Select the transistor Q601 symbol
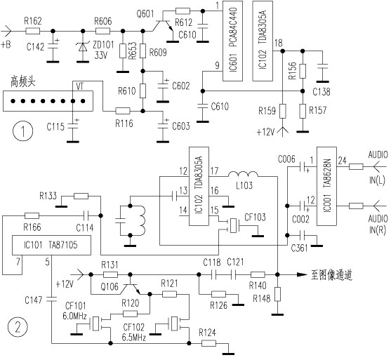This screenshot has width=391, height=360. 163,25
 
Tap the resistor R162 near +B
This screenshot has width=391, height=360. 33,31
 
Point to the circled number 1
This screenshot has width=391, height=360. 22,131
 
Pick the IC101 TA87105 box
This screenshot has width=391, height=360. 52,245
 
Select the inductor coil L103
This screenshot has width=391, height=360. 243,174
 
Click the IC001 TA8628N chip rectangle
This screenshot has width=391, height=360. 326,186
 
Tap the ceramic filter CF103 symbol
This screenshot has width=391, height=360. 233,225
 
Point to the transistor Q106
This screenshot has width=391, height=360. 131,285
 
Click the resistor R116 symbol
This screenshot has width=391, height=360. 123,111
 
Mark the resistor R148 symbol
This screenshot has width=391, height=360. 277,294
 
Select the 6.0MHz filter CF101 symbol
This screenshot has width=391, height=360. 96,324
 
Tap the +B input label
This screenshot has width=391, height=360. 6,45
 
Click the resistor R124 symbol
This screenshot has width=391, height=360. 208,343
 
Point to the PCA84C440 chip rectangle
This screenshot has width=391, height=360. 232,41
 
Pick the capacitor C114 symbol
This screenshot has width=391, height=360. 85,215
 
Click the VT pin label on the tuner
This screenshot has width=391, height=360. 79,86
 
